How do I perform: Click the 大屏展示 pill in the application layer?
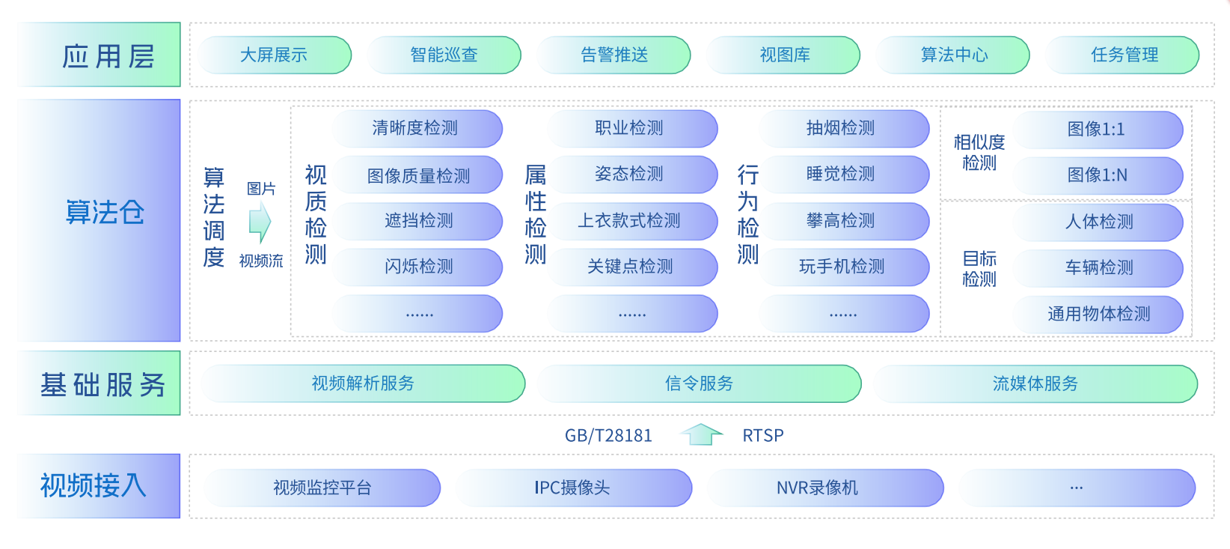pyautogui.click(x=275, y=55)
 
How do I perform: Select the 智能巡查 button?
pyautogui.click(x=444, y=55)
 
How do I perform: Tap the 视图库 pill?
pyautogui.click(x=784, y=55)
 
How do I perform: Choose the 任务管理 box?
pyautogui.click(x=1124, y=55)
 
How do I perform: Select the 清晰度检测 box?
pyautogui.click(x=416, y=129)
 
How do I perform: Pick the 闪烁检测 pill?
pyautogui.click(x=418, y=267)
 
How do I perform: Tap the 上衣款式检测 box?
pyautogui.click(x=630, y=221)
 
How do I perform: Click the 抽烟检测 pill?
pyautogui.click(x=842, y=129)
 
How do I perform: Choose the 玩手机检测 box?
pyautogui.click(x=842, y=267)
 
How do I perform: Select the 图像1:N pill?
pyautogui.click(x=1098, y=176)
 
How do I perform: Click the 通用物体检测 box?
pyautogui.click(x=1098, y=315)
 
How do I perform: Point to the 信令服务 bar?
pyautogui.click(x=699, y=384)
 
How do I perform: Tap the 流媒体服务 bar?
pyautogui.click(x=1035, y=384)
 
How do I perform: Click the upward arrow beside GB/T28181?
pyautogui.click(x=701, y=434)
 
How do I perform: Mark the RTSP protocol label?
pyautogui.click(x=762, y=436)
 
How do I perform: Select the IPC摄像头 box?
pyautogui.click(x=573, y=488)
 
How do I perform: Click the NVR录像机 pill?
pyautogui.click(x=818, y=488)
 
